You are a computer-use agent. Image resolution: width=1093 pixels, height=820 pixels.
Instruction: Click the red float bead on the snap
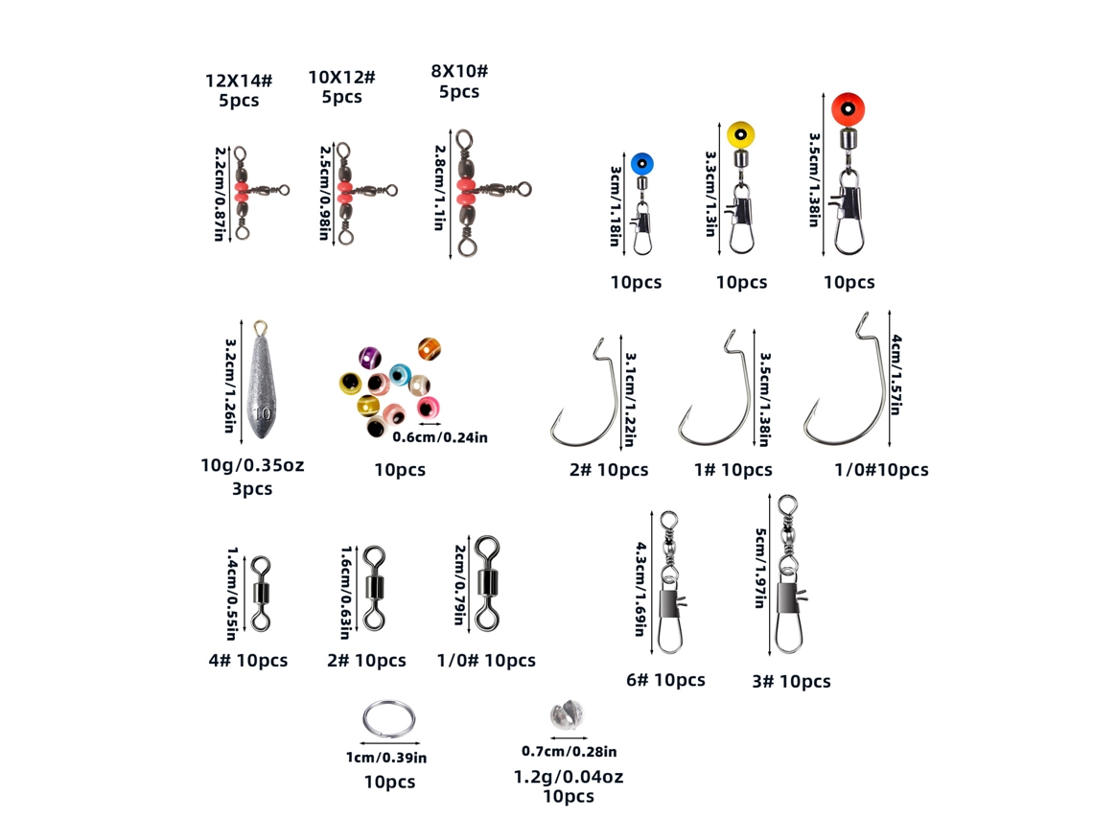(x=848, y=109)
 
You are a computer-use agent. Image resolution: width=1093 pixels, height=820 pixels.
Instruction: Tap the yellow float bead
(x=740, y=134)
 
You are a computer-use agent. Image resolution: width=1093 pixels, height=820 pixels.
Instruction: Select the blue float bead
(x=642, y=164)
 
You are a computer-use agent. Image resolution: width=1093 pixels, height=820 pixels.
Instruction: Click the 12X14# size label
(x=239, y=81)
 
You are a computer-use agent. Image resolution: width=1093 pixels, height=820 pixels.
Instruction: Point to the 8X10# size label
(x=459, y=71)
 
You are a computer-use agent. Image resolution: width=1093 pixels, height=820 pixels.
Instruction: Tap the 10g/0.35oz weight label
(x=252, y=465)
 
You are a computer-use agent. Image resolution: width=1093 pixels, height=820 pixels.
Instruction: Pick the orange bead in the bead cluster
(x=430, y=349)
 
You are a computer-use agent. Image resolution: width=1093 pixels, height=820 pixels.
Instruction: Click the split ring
(x=389, y=719)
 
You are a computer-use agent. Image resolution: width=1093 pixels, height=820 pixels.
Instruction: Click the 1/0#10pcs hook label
(x=881, y=470)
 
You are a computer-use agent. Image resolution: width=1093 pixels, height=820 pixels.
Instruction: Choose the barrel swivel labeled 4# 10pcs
(x=261, y=594)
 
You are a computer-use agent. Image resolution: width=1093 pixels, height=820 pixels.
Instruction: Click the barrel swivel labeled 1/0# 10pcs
(x=487, y=584)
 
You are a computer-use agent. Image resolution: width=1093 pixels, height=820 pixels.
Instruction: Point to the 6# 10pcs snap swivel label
(x=665, y=680)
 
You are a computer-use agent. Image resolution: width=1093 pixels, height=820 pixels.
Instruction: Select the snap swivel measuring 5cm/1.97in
(x=789, y=574)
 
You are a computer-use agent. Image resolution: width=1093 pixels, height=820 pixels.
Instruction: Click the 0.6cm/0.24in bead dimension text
(x=440, y=437)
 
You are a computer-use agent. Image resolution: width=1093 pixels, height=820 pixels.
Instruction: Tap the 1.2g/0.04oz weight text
(x=569, y=776)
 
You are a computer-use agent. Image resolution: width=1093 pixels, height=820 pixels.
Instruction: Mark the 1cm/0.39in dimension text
(x=387, y=758)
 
